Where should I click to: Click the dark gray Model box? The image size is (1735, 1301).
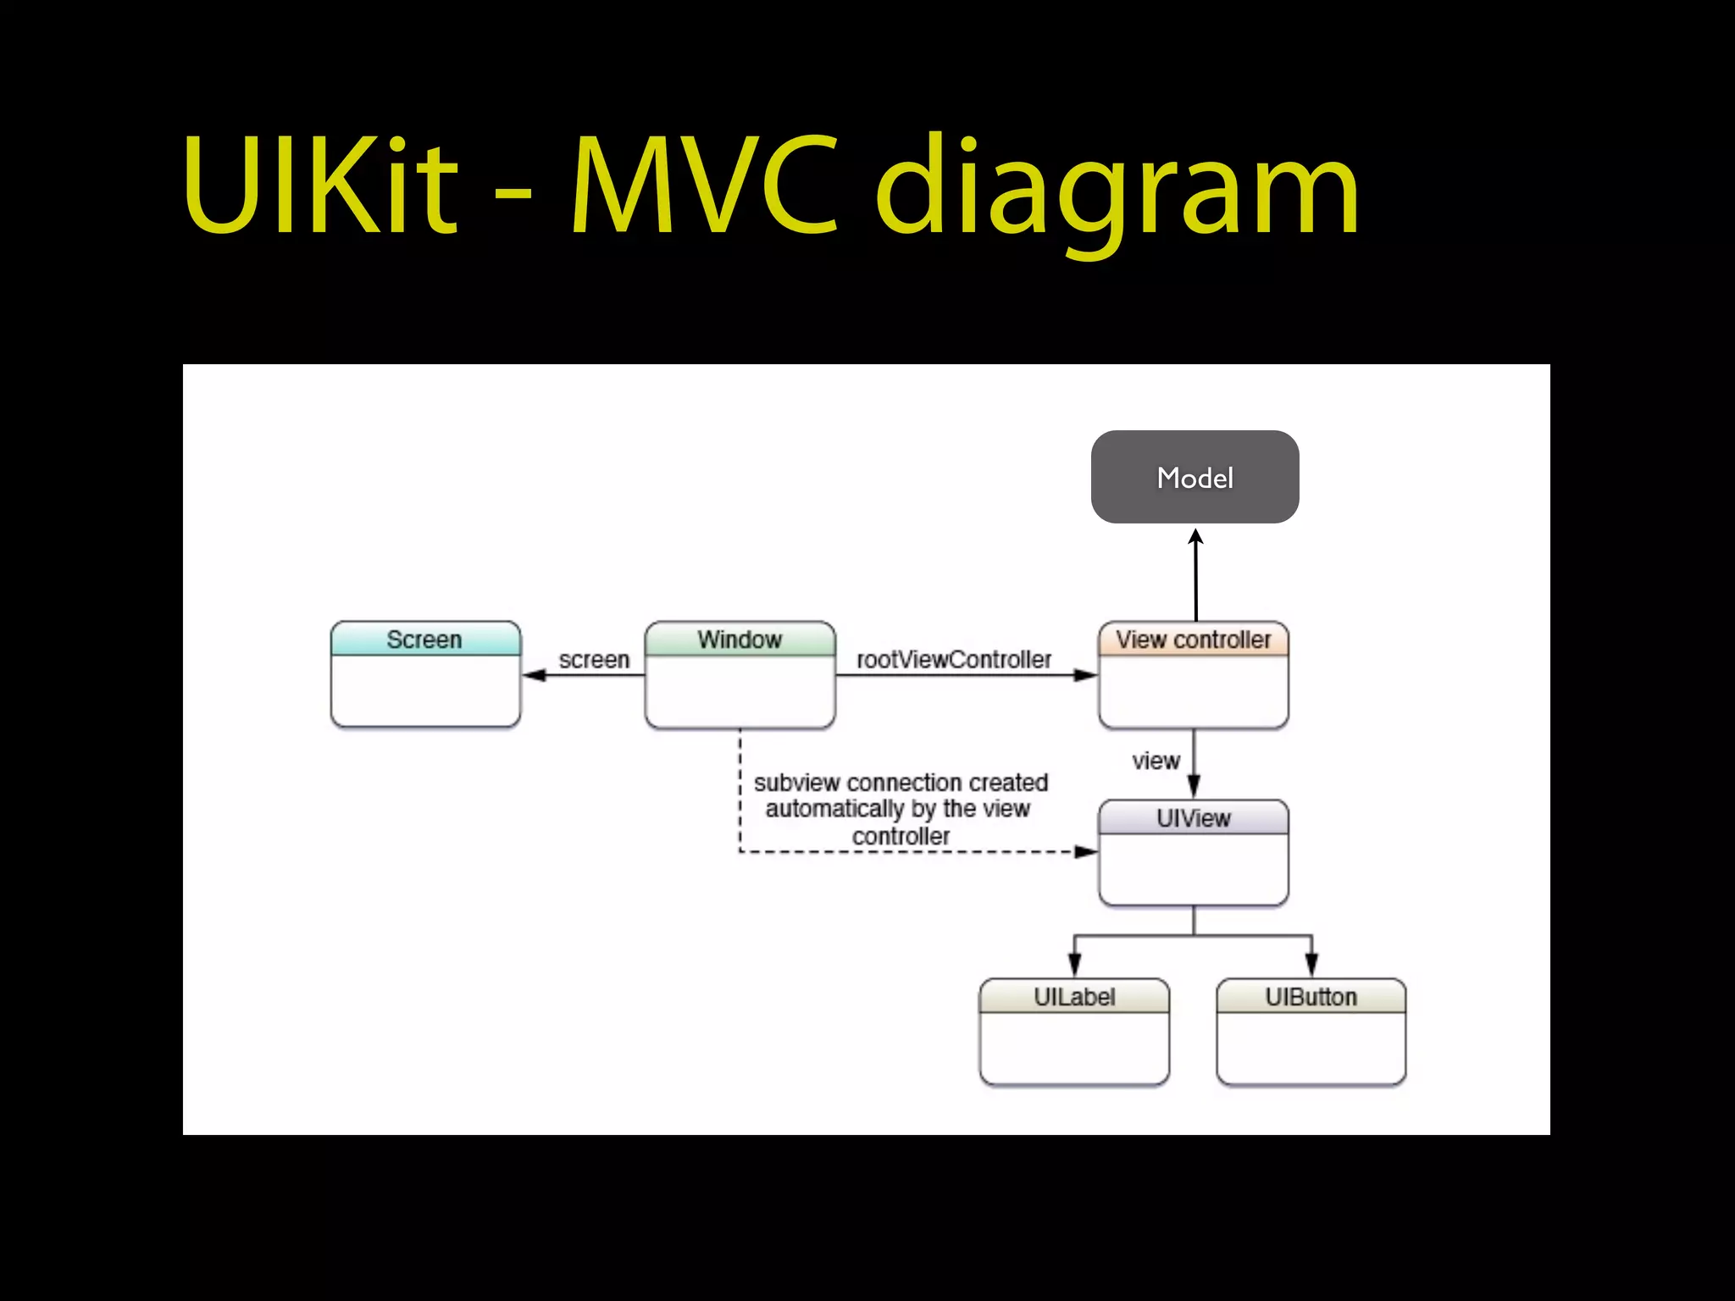tap(1195, 477)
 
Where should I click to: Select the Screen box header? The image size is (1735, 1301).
tap(424, 639)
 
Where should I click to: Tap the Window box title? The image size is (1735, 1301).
tap(740, 639)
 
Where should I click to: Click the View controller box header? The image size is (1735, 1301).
tap(1193, 639)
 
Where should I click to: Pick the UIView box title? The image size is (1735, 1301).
tap(1193, 818)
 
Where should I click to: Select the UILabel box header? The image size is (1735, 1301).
tap(1074, 997)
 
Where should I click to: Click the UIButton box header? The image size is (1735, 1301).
tap(1311, 997)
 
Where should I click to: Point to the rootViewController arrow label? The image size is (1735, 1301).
tap(954, 659)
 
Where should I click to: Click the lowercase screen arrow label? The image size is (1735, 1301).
tap(594, 659)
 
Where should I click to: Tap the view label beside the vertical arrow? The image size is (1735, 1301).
tap(1156, 761)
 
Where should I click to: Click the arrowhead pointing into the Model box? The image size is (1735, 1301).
tap(1195, 537)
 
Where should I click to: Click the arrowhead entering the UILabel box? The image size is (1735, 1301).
tap(1074, 966)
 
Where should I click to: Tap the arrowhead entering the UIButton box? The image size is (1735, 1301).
tap(1311, 966)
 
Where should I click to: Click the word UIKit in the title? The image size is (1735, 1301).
tap(320, 186)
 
